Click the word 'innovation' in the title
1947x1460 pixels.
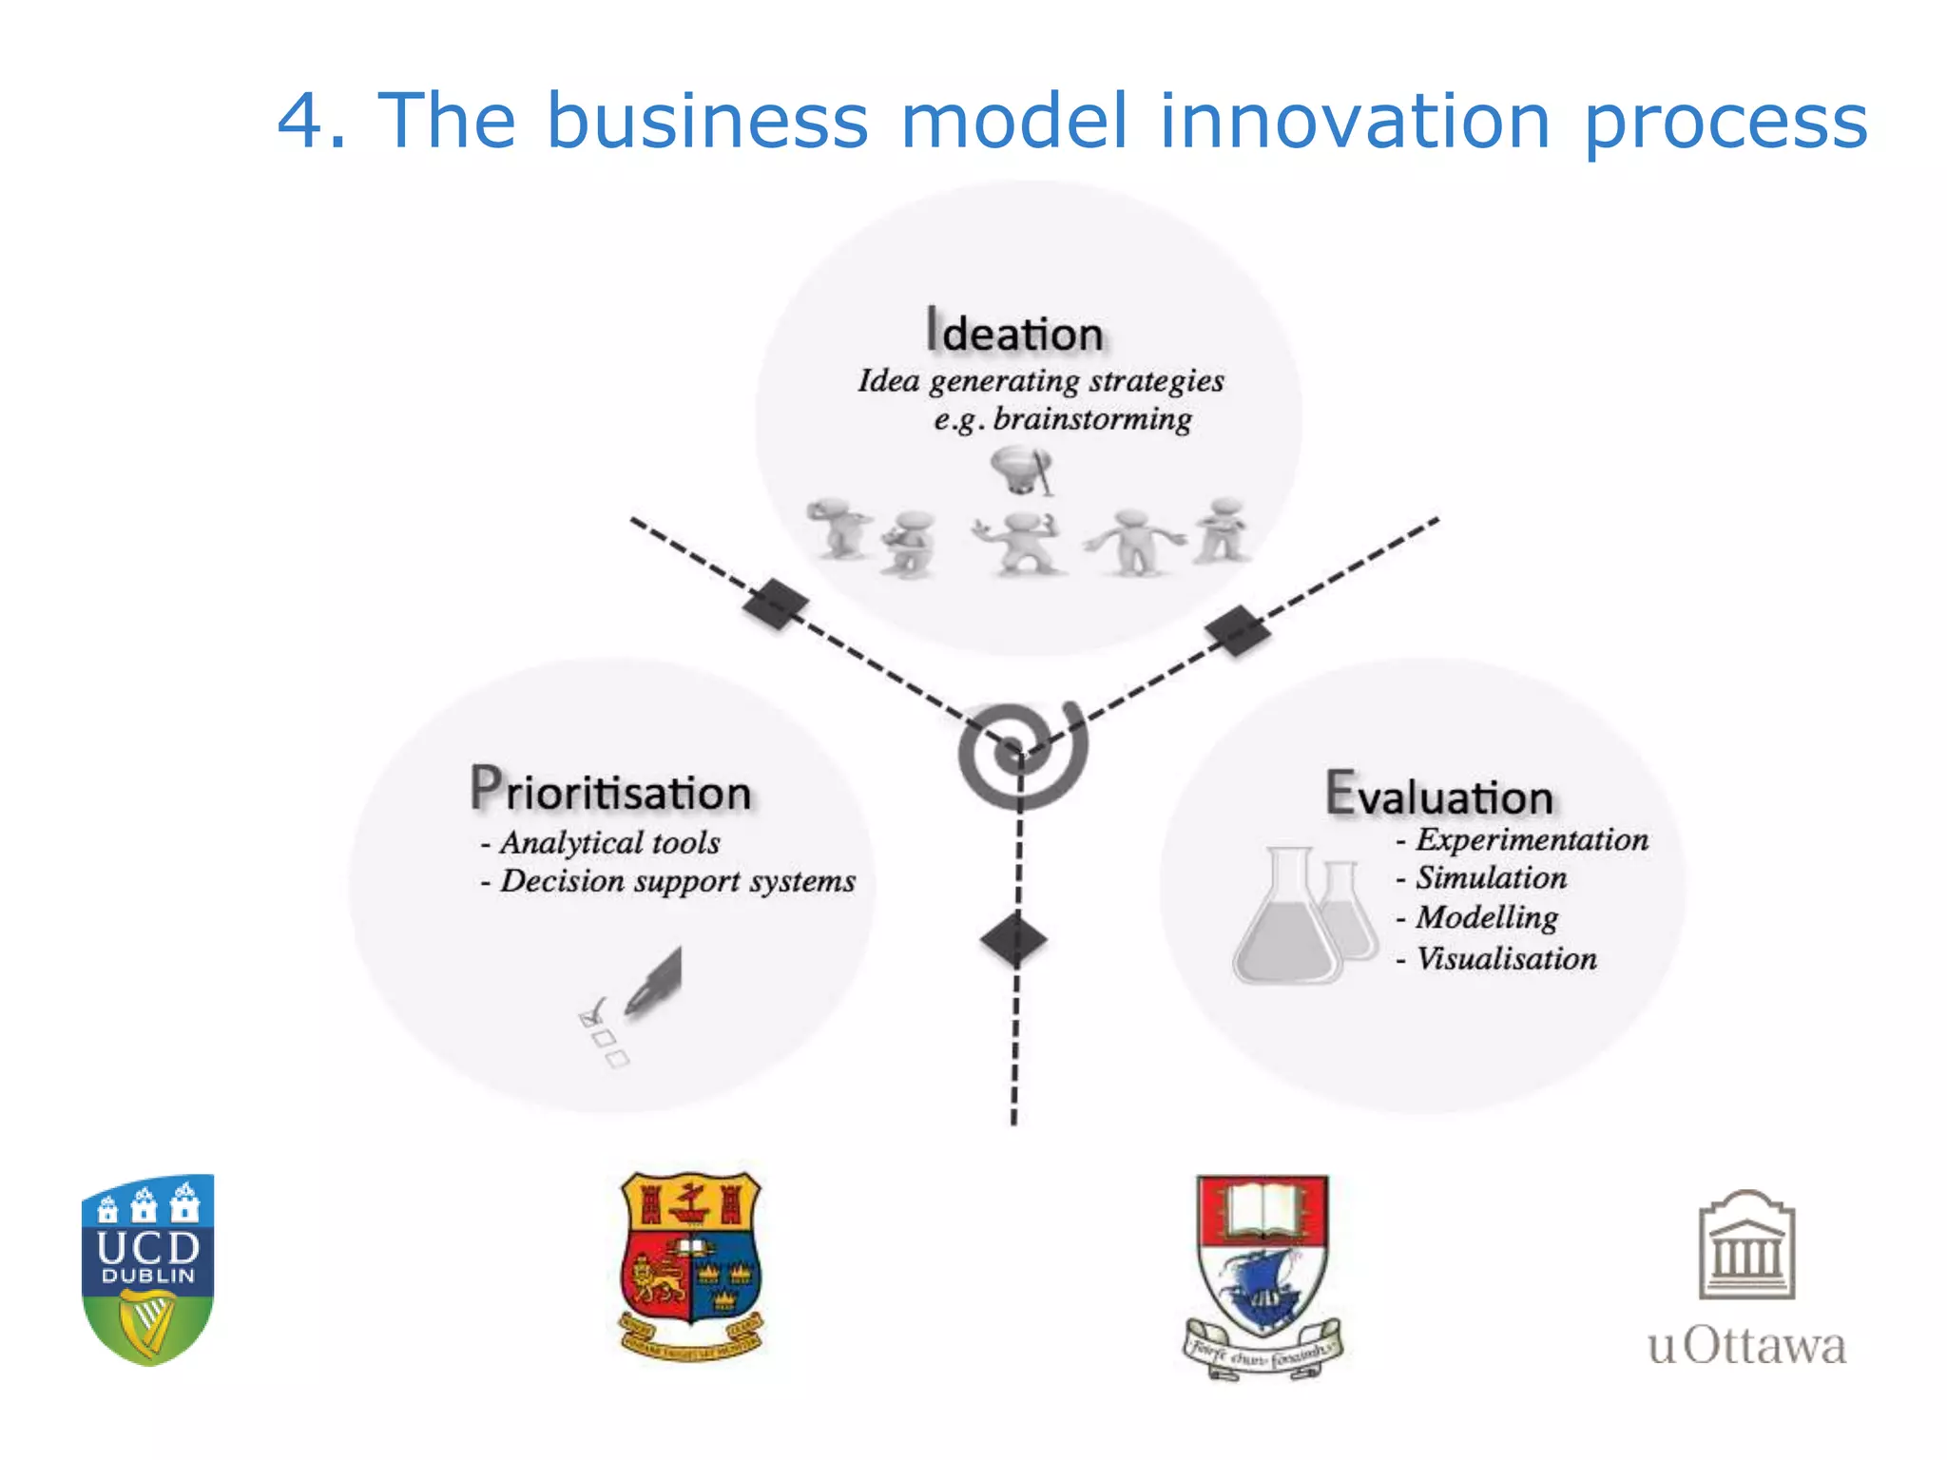point(1355,121)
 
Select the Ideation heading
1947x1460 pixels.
point(1015,332)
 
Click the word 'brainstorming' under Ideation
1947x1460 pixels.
point(1092,419)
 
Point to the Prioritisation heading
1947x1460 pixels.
point(611,791)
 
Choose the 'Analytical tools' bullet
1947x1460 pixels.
point(609,843)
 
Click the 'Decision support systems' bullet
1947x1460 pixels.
point(677,881)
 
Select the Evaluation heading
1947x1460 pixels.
point(1439,795)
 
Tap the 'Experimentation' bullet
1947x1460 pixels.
point(1532,839)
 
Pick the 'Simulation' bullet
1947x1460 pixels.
point(1491,877)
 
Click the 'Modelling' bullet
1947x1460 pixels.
point(1487,917)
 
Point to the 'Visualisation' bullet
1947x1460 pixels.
point(1506,958)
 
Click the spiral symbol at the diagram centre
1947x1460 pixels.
point(1021,756)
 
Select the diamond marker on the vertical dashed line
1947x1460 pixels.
point(1013,940)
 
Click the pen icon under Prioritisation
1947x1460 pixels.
point(655,982)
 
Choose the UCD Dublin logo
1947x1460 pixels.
point(148,1269)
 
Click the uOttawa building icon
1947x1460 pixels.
point(1746,1245)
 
